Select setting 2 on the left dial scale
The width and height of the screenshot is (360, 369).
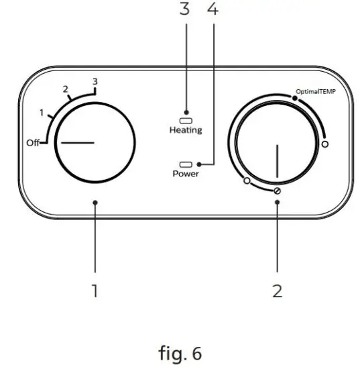[65, 89]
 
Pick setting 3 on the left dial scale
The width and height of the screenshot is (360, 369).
[95, 81]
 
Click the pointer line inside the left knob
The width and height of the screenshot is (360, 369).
[74, 143]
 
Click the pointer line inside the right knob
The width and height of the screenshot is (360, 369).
[276, 162]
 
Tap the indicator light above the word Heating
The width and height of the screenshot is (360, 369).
[185, 115]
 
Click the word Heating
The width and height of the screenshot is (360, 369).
[185, 129]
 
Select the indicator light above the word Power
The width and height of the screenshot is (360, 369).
[185, 163]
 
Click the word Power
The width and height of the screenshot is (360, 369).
[185, 173]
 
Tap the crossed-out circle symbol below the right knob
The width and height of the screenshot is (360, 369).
[276, 191]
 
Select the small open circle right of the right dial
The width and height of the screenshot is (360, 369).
[325, 144]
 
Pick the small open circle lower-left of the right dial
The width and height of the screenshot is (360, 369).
[246, 181]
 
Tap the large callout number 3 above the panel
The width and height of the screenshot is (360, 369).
[185, 9]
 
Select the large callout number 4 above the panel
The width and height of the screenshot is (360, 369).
[213, 9]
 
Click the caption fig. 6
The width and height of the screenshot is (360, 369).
[179, 351]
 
